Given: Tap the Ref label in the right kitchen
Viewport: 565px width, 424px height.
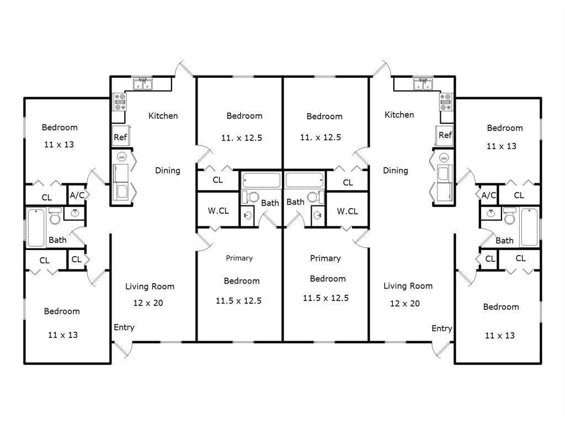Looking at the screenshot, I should pyautogui.click(x=445, y=135).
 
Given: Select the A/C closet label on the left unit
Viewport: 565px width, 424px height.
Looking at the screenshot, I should pyautogui.click(x=76, y=195).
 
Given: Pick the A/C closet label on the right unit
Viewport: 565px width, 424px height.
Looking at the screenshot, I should pyautogui.click(x=489, y=195).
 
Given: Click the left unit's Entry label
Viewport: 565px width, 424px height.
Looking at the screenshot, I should pyautogui.click(x=124, y=327).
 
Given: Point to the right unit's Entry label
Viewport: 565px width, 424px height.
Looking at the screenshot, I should pyautogui.click(x=441, y=328).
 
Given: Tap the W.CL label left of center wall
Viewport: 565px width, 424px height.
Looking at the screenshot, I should pyautogui.click(x=218, y=210).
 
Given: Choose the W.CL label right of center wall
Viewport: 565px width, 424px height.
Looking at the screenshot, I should pyautogui.click(x=347, y=211).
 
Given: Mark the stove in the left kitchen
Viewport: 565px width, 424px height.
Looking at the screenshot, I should pyautogui.click(x=120, y=102).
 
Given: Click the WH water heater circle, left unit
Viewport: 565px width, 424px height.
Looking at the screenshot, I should pyautogui.click(x=121, y=157).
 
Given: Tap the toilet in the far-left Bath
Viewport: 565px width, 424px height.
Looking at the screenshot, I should pyautogui.click(x=55, y=216).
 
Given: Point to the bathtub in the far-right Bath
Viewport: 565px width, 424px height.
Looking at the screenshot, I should pyautogui.click(x=529, y=227).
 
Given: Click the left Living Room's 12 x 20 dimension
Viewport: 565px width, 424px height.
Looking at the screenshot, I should pyautogui.click(x=148, y=303).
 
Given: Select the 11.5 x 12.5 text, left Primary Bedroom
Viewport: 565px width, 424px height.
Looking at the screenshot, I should pyautogui.click(x=238, y=300).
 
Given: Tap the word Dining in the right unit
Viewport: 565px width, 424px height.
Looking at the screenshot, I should pyautogui.click(x=396, y=170).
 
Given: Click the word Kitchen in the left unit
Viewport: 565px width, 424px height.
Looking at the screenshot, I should pyautogui.click(x=163, y=115).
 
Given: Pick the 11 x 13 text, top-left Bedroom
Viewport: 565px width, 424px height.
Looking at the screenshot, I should pyautogui.click(x=59, y=145).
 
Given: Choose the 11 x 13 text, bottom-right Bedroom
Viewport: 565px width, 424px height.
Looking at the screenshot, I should pyautogui.click(x=501, y=335).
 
